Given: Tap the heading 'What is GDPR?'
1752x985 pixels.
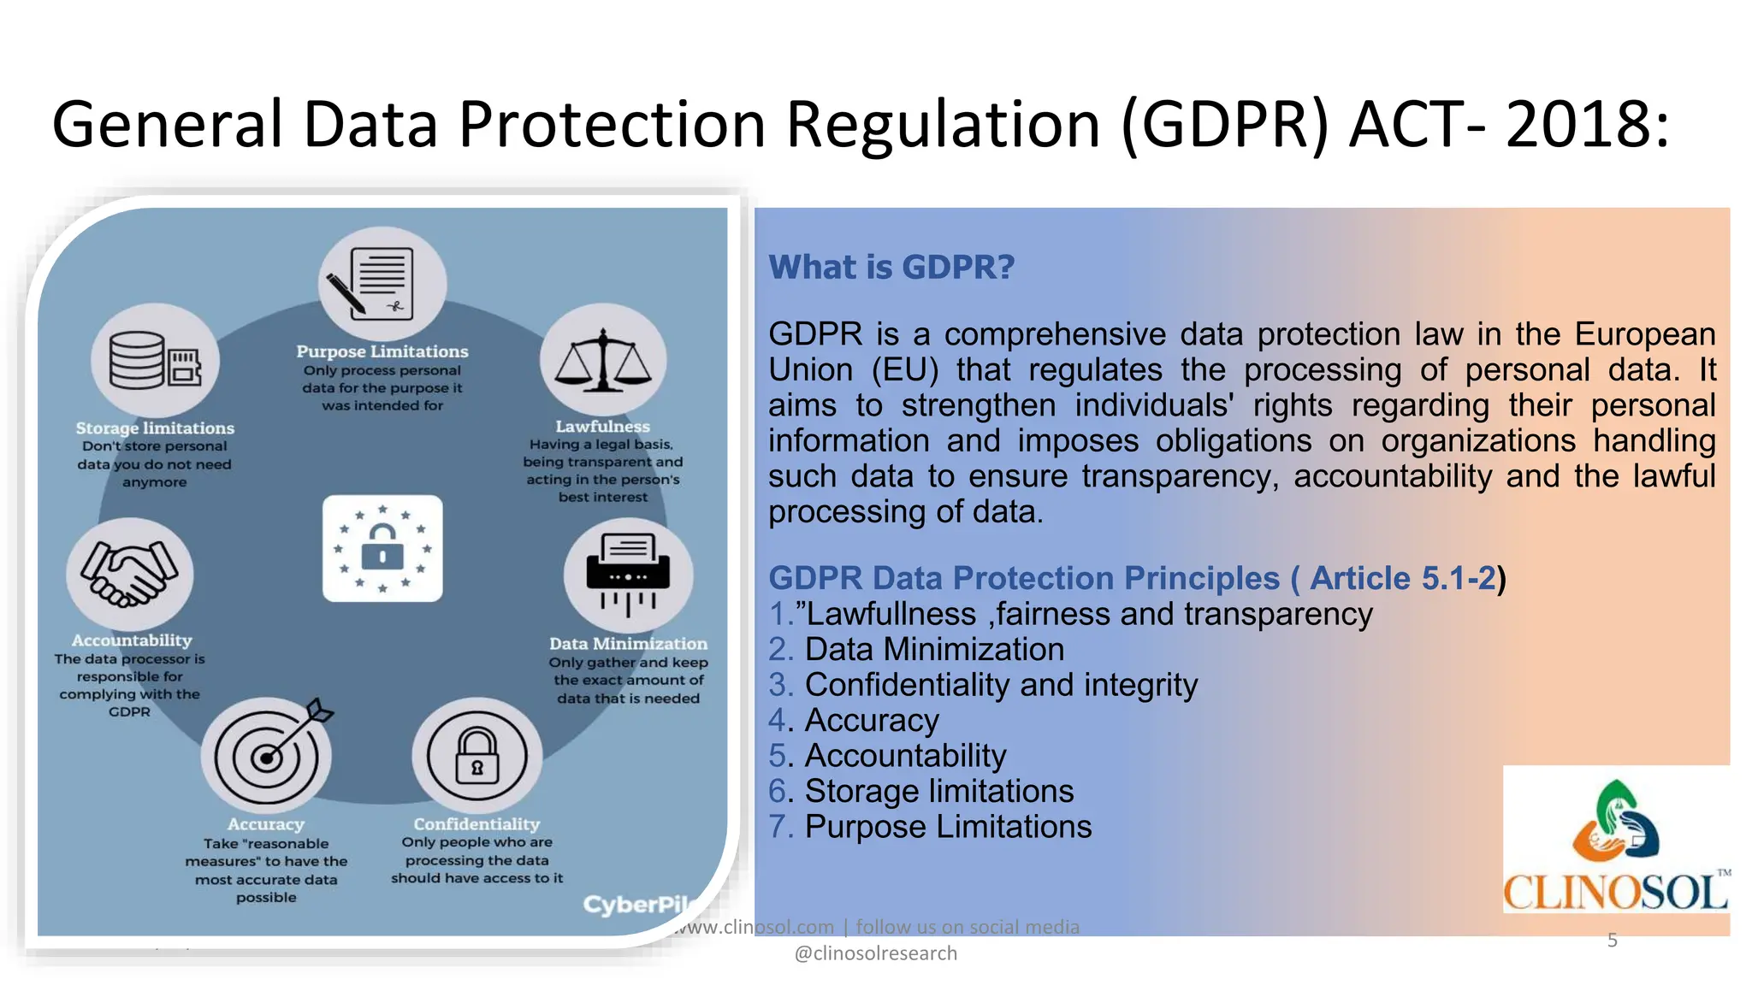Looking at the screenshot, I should pyautogui.click(x=891, y=268).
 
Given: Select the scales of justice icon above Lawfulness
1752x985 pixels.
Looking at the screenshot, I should pyautogui.click(x=603, y=360).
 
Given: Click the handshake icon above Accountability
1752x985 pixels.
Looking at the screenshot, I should pyautogui.click(x=130, y=574).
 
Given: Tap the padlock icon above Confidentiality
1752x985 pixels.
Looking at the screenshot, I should pyautogui.click(x=476, y=756).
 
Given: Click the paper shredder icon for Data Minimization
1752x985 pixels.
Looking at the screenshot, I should pyautogui.click(x=628, y=574).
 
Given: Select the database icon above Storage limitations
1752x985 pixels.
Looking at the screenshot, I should pyautogui.click(x=155, y=360).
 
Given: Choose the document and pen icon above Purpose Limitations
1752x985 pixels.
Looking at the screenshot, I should pyautogui.click(x=382, y=283).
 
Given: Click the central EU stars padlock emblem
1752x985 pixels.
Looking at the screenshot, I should pyautogui.click(x=382, y=548).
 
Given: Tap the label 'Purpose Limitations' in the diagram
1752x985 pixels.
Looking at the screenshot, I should pyautogui.click(x=382, y=351).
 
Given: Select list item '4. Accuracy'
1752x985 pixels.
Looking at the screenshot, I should pyautogui.click(x=854, y=721).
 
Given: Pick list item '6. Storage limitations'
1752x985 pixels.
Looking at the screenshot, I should pyautogui.click(x=920, y=792).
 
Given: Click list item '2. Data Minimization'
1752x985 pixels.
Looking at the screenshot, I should pyautogui.click(x=916, y=650).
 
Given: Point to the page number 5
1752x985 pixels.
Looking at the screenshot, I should pyautogui.click(x=1612, y=941).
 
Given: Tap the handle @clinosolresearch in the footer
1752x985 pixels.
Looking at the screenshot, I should pyautogui.click(x=876, y=953).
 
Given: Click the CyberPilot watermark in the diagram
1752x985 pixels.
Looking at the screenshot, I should pyautogui.click(x=637, y=905).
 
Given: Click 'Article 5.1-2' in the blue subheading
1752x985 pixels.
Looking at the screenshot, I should pyautogui.click(x=1403, y=579).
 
